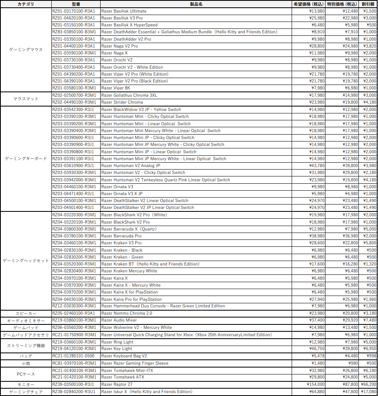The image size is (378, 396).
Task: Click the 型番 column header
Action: click(x=76, y=4)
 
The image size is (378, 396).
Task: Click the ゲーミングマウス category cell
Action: click(x=26, y=50)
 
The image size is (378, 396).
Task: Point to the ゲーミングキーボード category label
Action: click(x=26, y=159)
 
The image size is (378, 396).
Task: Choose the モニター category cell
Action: click(x=26, y=385)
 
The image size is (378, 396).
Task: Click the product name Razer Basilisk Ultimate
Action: click(x=124, y=11)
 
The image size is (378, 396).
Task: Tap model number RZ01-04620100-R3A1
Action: click(x=74, y=18)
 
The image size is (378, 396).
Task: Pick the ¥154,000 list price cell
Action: click(x=315, y=385)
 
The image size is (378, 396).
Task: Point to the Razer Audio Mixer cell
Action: click(x=119, y=320)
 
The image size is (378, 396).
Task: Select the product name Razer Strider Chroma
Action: click(x=122, y=102)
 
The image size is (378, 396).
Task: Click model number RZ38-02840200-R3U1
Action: click(x=74, y=392)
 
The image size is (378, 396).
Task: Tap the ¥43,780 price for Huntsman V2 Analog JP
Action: click(x=316, y=165)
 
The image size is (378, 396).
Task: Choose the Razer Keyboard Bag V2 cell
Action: click(x=124, y=356)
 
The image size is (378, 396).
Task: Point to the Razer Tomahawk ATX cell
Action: click(x=123, y=377)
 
